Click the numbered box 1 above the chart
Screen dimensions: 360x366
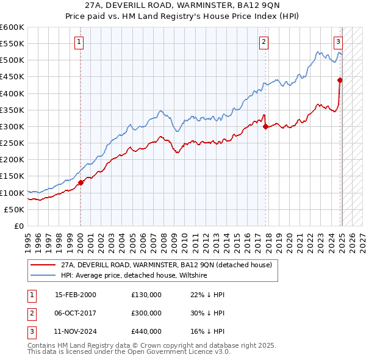pyautogui.click(x=80, y=42)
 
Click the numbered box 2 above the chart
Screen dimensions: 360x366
pyautogui.click(x=264, y=42)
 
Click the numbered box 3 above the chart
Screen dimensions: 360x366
pyautogui.click(x=338, y=42)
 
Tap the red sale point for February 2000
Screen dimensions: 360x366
pyautogui.click(x=81, y=182)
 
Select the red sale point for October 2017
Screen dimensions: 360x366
pyautogui.click(x=266, y=127)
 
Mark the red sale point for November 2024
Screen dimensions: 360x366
pyautogui.click(x=340, y=80)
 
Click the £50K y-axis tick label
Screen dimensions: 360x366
pyautogui.click(x=14, y=209)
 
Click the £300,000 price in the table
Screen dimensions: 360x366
pyautogui.click(x=146, y=313)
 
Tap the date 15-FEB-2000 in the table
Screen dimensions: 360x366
pyautogui.click(x=76, y=295)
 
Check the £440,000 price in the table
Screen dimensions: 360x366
pyautogui.click(x=146, y=331)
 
